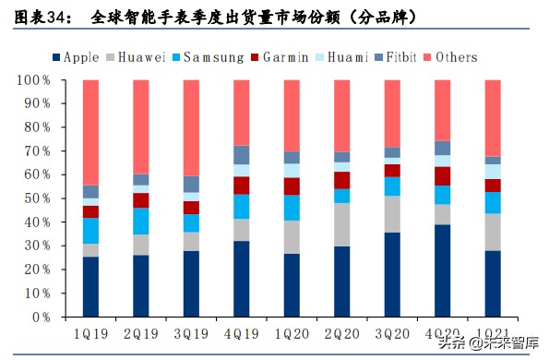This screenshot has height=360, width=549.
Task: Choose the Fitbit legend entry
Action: tap(400, 57)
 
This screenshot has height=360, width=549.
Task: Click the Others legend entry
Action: tap(455, 57)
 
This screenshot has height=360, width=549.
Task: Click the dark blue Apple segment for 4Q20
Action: tap(443, 270)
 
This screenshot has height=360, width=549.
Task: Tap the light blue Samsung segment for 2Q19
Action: tap(140, 221)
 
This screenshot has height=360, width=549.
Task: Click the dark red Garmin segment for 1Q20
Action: tap(292, 186)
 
